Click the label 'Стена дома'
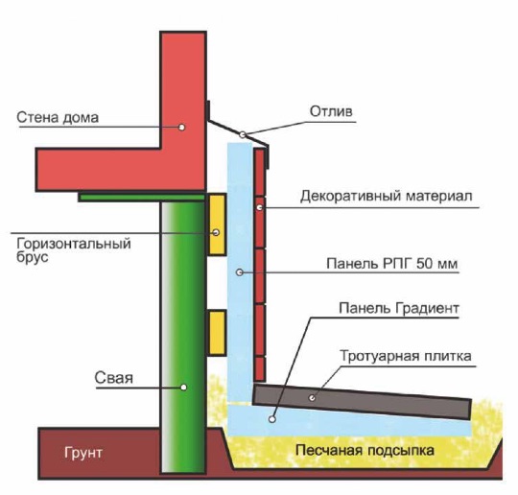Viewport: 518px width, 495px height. [58, 117]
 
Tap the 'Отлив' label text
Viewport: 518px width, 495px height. [331, 111]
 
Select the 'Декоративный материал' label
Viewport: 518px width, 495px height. [387, 196]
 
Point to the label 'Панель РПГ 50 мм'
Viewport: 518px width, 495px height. [392, 264]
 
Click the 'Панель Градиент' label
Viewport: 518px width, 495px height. [399, 308]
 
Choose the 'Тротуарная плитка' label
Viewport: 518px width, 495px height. [406, 356]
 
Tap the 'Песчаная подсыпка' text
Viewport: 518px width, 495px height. [365, 450]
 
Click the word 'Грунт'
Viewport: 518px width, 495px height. [83, 453]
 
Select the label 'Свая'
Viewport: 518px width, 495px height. [113, 377]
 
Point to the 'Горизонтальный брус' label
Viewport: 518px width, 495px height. [74, 249]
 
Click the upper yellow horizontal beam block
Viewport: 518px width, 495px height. [217, 224]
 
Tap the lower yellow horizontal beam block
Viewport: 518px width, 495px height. [217, 333]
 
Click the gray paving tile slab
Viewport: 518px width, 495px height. [362, 402]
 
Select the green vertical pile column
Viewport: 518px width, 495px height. [183, 337]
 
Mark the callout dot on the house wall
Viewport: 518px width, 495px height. [181, 128]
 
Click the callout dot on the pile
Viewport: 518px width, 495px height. [183, 388]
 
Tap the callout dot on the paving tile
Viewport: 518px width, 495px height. [312, 398]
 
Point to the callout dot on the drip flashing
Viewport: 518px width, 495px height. [243, 134]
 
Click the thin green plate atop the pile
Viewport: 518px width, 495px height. [142, 198]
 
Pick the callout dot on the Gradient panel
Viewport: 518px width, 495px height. [271, 419]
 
